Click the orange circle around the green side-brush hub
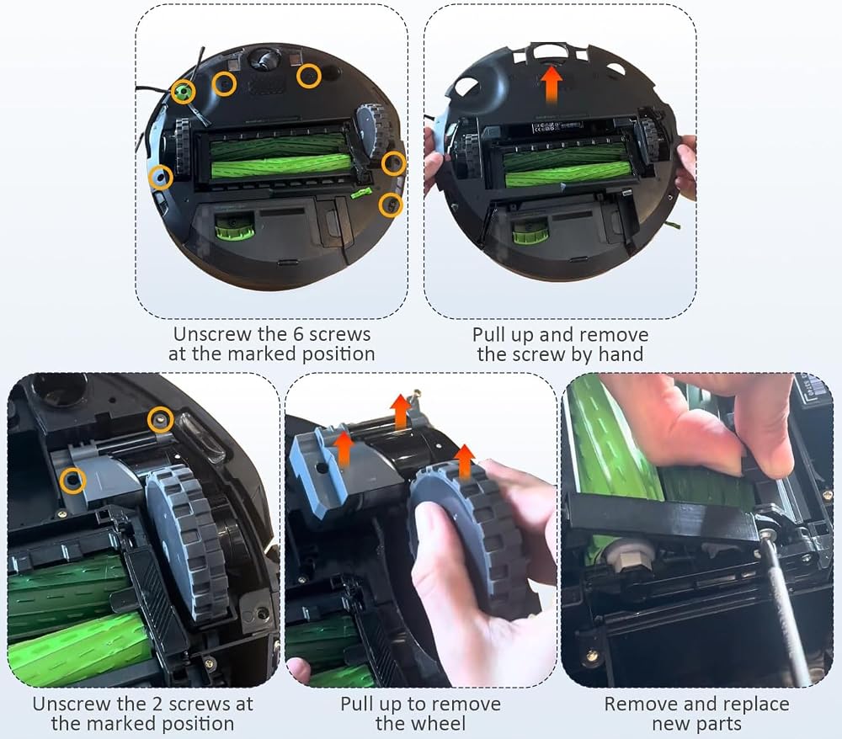coord(183,81)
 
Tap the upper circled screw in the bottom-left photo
coord(160,419)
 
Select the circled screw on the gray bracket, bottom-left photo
coord(72,480)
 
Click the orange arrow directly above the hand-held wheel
coord(465,462)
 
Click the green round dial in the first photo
coord(234,226)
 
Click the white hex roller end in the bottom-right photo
coord(628,558)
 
